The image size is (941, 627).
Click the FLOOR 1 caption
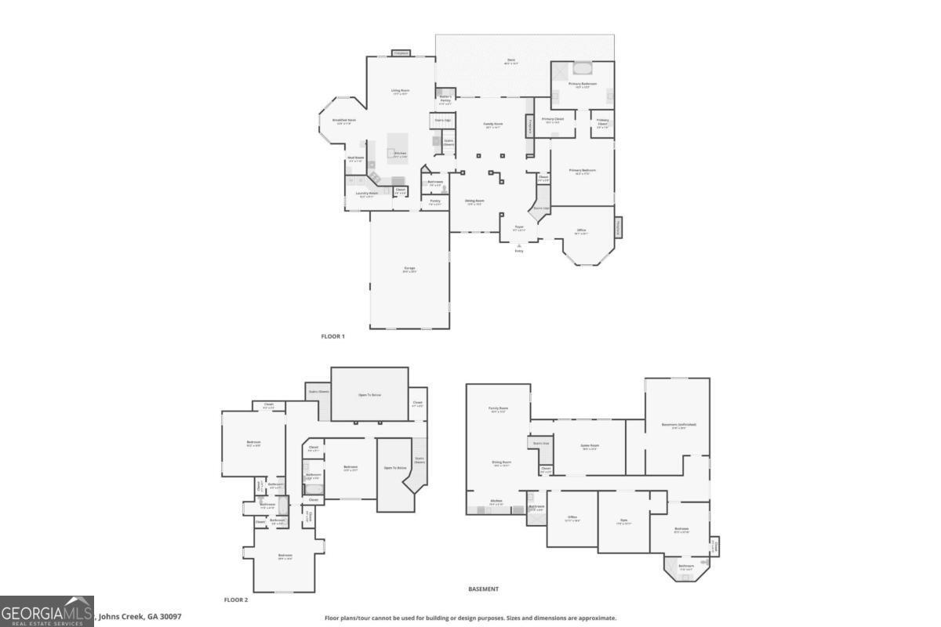pyautogui.click(x=332, y=336)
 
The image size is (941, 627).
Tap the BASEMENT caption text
pyautogui.click(x=483, y=589)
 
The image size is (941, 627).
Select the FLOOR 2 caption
pyautogui.click(x=235, y=600)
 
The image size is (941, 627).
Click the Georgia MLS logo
pyautogui.click(x=47, y=611)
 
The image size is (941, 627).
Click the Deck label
pyautogui.click(x=510, y=61)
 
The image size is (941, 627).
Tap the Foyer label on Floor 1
pyautogui.click(x=518, y=227)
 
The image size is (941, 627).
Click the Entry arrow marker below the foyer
pyautogui.click(x=518, y=246)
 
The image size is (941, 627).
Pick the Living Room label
pyautogui.click(x=401, y=92)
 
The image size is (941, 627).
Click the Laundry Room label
pyautogui.click(x=367, y=194)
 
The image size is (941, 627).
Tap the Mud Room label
pyautogui.click(x=356, y=158)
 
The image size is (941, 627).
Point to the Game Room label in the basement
pyautogui.click(x=590, y=447)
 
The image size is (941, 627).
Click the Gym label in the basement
pyautogui.click(x=624, y=520)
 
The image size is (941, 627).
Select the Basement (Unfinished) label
pyautogui.click(x=678, y=426)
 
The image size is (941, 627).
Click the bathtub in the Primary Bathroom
pyautogui.click(x=583, y=67)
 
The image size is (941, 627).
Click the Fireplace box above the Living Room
pyautogui.click(x=401, y=53)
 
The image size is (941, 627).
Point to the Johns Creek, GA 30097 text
pyautogui.click(x=139, y=616)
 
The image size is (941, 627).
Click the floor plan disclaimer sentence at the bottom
pyautogui.click(x=470, y=618)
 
